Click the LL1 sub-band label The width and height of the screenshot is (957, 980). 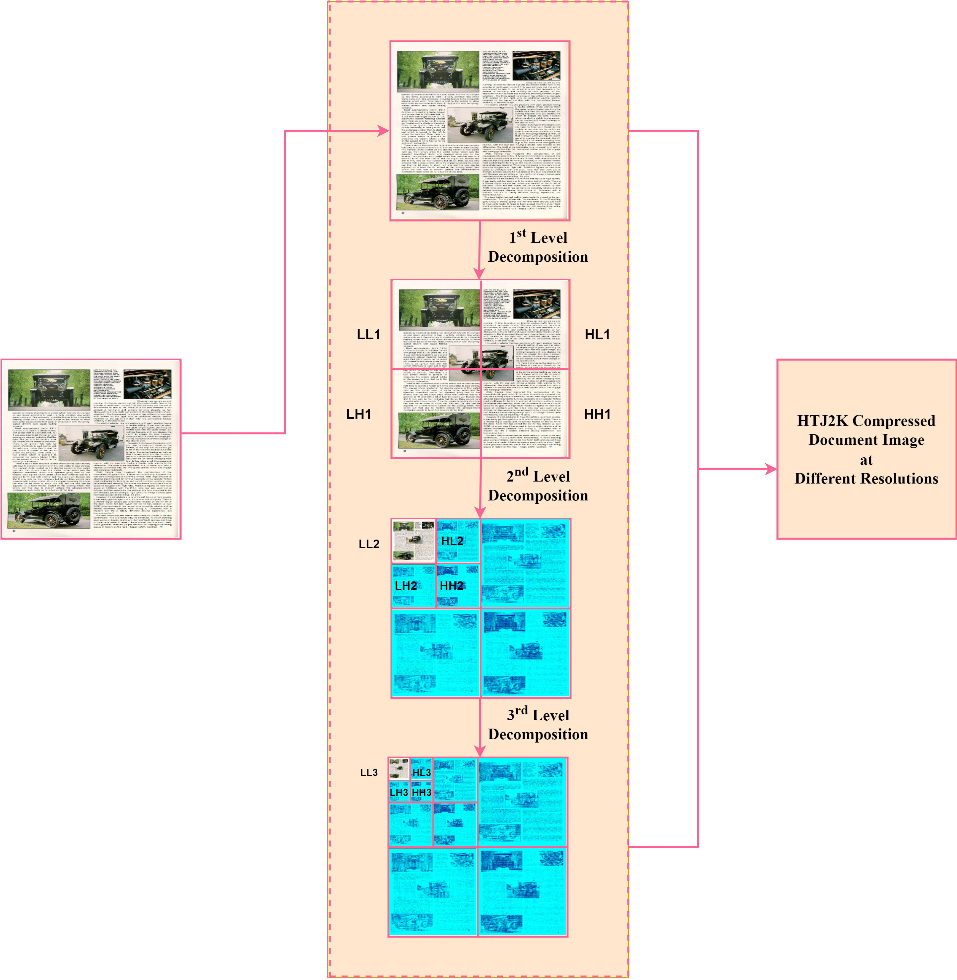pyautogui.click(x=368, y=335)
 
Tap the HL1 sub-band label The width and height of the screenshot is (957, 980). pyautogui.click(x=597, y=335)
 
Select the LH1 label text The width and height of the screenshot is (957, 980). pyautogui.click(x=358, y=414)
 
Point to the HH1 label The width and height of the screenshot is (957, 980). pyautogui.click(x=597, y=414)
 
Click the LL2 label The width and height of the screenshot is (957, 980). pyautogui.click(x=369, y=544)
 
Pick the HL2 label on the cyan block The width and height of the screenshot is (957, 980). pyautogui.click(x=452, y=541)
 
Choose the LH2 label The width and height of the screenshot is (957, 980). pyautogui.click(x=406, y=586)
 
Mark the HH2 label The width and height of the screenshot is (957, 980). pyautogui.click(x=451, y=586)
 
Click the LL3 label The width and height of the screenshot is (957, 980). pyautogui.click(x=369, y=772)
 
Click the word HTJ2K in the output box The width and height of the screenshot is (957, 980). pyautogui.click(x=822, y=421)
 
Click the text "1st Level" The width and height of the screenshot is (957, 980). pyautogui.click(x=538, y=237)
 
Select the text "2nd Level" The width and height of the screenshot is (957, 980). pyautogui.click(x=538, y=476)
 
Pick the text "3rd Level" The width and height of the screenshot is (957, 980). pyautogui.click(x=538, y=715)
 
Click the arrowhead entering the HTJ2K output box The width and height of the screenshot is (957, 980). pyautogui.click(x=771, y=469)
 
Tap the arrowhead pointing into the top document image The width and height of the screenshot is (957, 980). pyautogui.click(x=384, y=131)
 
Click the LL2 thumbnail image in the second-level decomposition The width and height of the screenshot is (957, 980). pyautogui.click(x=413, y=541)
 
